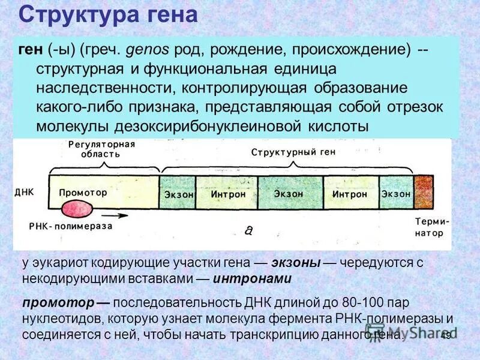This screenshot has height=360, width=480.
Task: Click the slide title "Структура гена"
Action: pos(108,14)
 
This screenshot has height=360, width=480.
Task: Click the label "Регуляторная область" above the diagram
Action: pos(101,148)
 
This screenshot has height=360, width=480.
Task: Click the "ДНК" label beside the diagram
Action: pos(25,193)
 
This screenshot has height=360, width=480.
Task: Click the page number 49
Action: pos(446,335)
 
